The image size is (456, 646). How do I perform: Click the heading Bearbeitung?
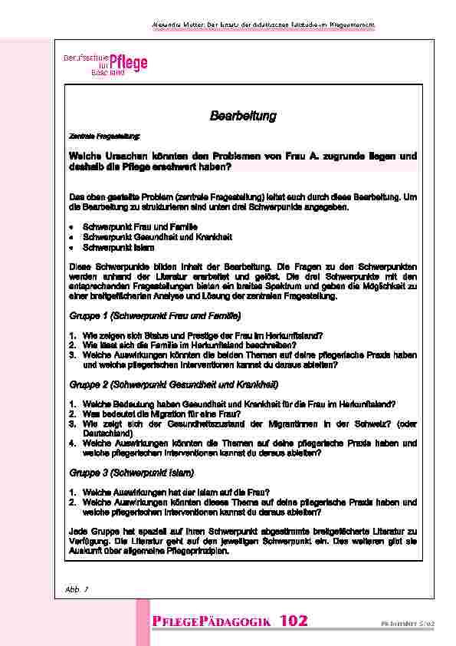pos(242,116)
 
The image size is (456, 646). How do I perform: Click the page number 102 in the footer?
pos(294,620)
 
